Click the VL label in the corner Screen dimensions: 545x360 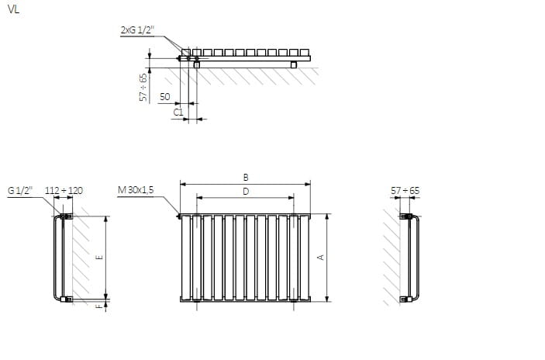coord(13,9)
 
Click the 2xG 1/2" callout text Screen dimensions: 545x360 coord(137,30)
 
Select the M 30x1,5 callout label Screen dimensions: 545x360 coord(136,190)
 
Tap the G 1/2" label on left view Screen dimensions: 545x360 coord(20,191)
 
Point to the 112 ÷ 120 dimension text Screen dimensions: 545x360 coord(64,191)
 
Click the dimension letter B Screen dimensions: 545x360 coord(246,178)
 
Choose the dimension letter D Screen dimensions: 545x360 coord(246,192)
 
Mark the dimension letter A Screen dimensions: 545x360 coord(321,258)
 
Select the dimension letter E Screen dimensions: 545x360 coord(99,258)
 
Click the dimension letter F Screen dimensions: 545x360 coord(99,306)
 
